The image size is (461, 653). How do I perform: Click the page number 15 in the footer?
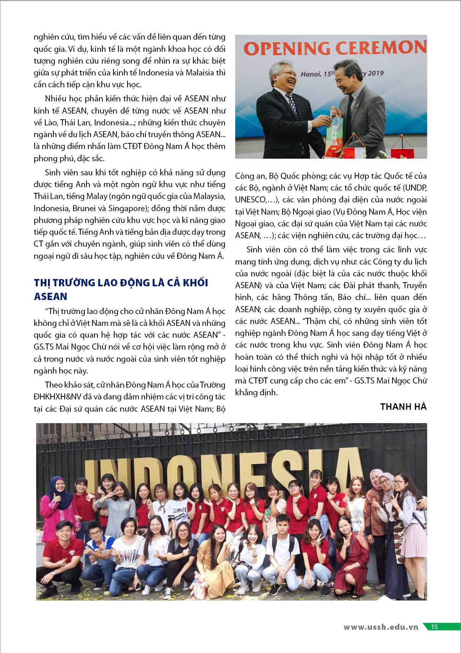[434, 627]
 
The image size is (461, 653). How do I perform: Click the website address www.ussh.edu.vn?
[381, 627]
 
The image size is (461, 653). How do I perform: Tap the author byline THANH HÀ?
[403, 407]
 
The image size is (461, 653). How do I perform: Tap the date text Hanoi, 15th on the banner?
[317, 74]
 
